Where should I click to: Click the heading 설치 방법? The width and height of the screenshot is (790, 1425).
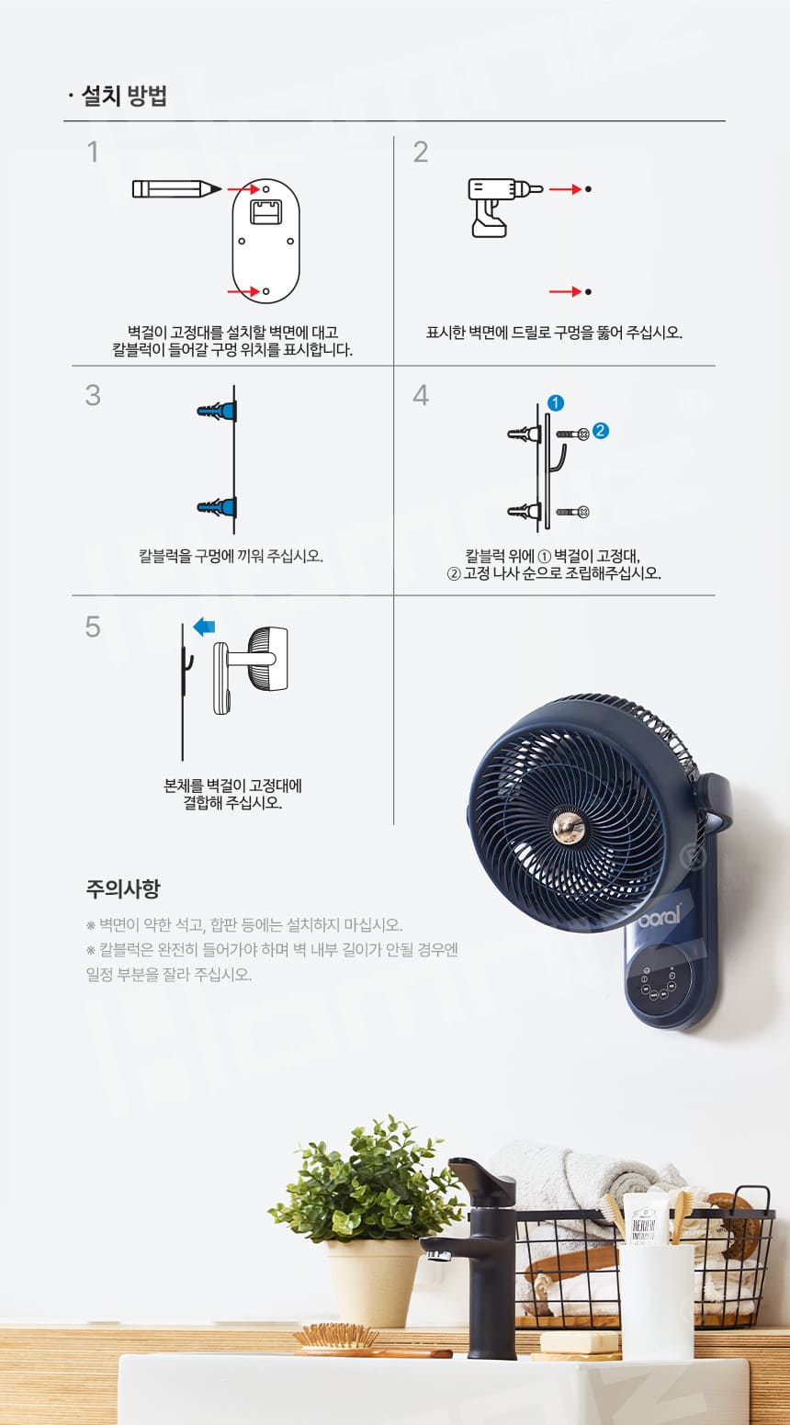[125, 96]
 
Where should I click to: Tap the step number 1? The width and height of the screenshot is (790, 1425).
[93, 152]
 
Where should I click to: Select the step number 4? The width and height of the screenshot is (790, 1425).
[421, 395]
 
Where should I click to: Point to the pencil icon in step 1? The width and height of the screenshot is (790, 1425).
[176, 189]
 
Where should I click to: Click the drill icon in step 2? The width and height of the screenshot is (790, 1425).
[504, 206]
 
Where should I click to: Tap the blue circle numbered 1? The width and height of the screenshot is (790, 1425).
[555, 402]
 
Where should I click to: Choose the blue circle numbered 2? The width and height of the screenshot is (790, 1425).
[601, 431]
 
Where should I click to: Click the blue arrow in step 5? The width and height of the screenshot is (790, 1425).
[204, 627]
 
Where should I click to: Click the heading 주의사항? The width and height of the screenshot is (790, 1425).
[123, 888]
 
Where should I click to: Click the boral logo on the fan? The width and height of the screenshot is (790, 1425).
[660, 916]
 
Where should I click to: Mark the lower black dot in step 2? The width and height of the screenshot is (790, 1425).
[588, 291]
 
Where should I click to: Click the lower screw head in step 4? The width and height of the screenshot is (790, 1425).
[583, 512]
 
